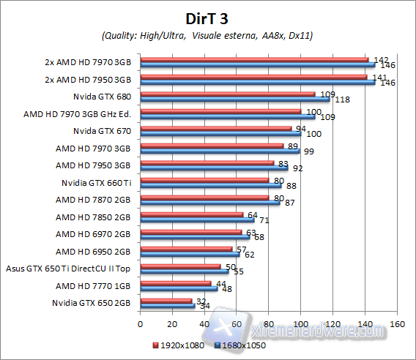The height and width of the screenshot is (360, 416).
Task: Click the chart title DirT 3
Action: pyautogui.click(x=207, y=17)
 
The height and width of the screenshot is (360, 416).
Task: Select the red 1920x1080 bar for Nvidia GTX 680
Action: pyautogui.click(x=227, y=94)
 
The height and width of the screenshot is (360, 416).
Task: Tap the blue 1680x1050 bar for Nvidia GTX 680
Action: pyautogui.click(x=234, y=99)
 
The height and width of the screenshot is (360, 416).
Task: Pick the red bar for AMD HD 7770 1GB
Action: pyautogui.click(x=175, y=282)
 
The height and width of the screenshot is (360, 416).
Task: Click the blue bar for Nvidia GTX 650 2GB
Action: pyautogui.click(x=167, y=305)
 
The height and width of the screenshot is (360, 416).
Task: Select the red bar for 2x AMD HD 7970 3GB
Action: pyautogui.click(x=253, y=59)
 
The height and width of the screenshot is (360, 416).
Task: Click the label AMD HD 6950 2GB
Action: pyautogui.click(x=94, y=251)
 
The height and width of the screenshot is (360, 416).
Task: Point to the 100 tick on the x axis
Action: pyautogui.click(x=300, y=323)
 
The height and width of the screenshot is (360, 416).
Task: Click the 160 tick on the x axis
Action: pyautogui.click(x=397, y=323)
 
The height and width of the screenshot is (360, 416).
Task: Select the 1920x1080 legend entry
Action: pyautogui.click(x=180, y=344)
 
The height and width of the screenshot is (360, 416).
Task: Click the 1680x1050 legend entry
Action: pyautogui.click(x=239, y=344)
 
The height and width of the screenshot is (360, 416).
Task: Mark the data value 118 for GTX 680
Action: pyautogui.click(x=341, y=100)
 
